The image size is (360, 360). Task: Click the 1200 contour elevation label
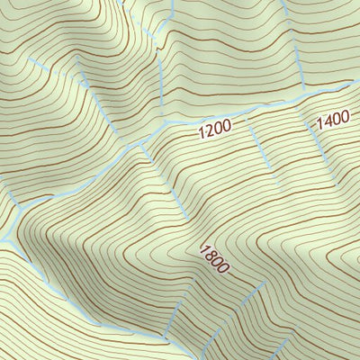[215, 130]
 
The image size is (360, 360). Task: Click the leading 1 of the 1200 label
[202, 133]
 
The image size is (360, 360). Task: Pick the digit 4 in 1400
[326, 121]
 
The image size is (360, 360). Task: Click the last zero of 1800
[224, 269]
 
